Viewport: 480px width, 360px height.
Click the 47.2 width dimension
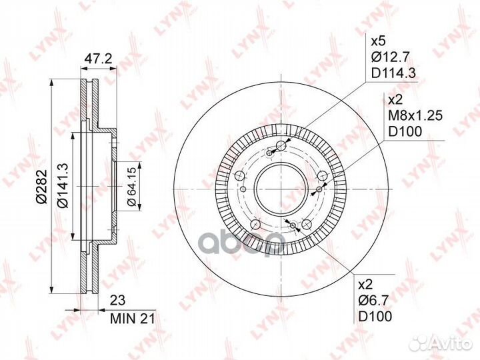pos(99,59)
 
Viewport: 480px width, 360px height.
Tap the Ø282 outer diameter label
pos(42,186)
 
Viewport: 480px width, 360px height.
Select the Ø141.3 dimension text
pos(64,185)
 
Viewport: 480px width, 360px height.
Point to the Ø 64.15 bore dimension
pos(132,187)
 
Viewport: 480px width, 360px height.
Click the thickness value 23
pos(117,300)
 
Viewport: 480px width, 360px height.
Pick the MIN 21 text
pos(133,319)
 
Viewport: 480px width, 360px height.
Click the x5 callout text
pos(379,41)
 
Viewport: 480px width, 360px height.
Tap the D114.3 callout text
pos(393,73)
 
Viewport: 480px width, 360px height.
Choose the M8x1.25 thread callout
pos(415,115)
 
